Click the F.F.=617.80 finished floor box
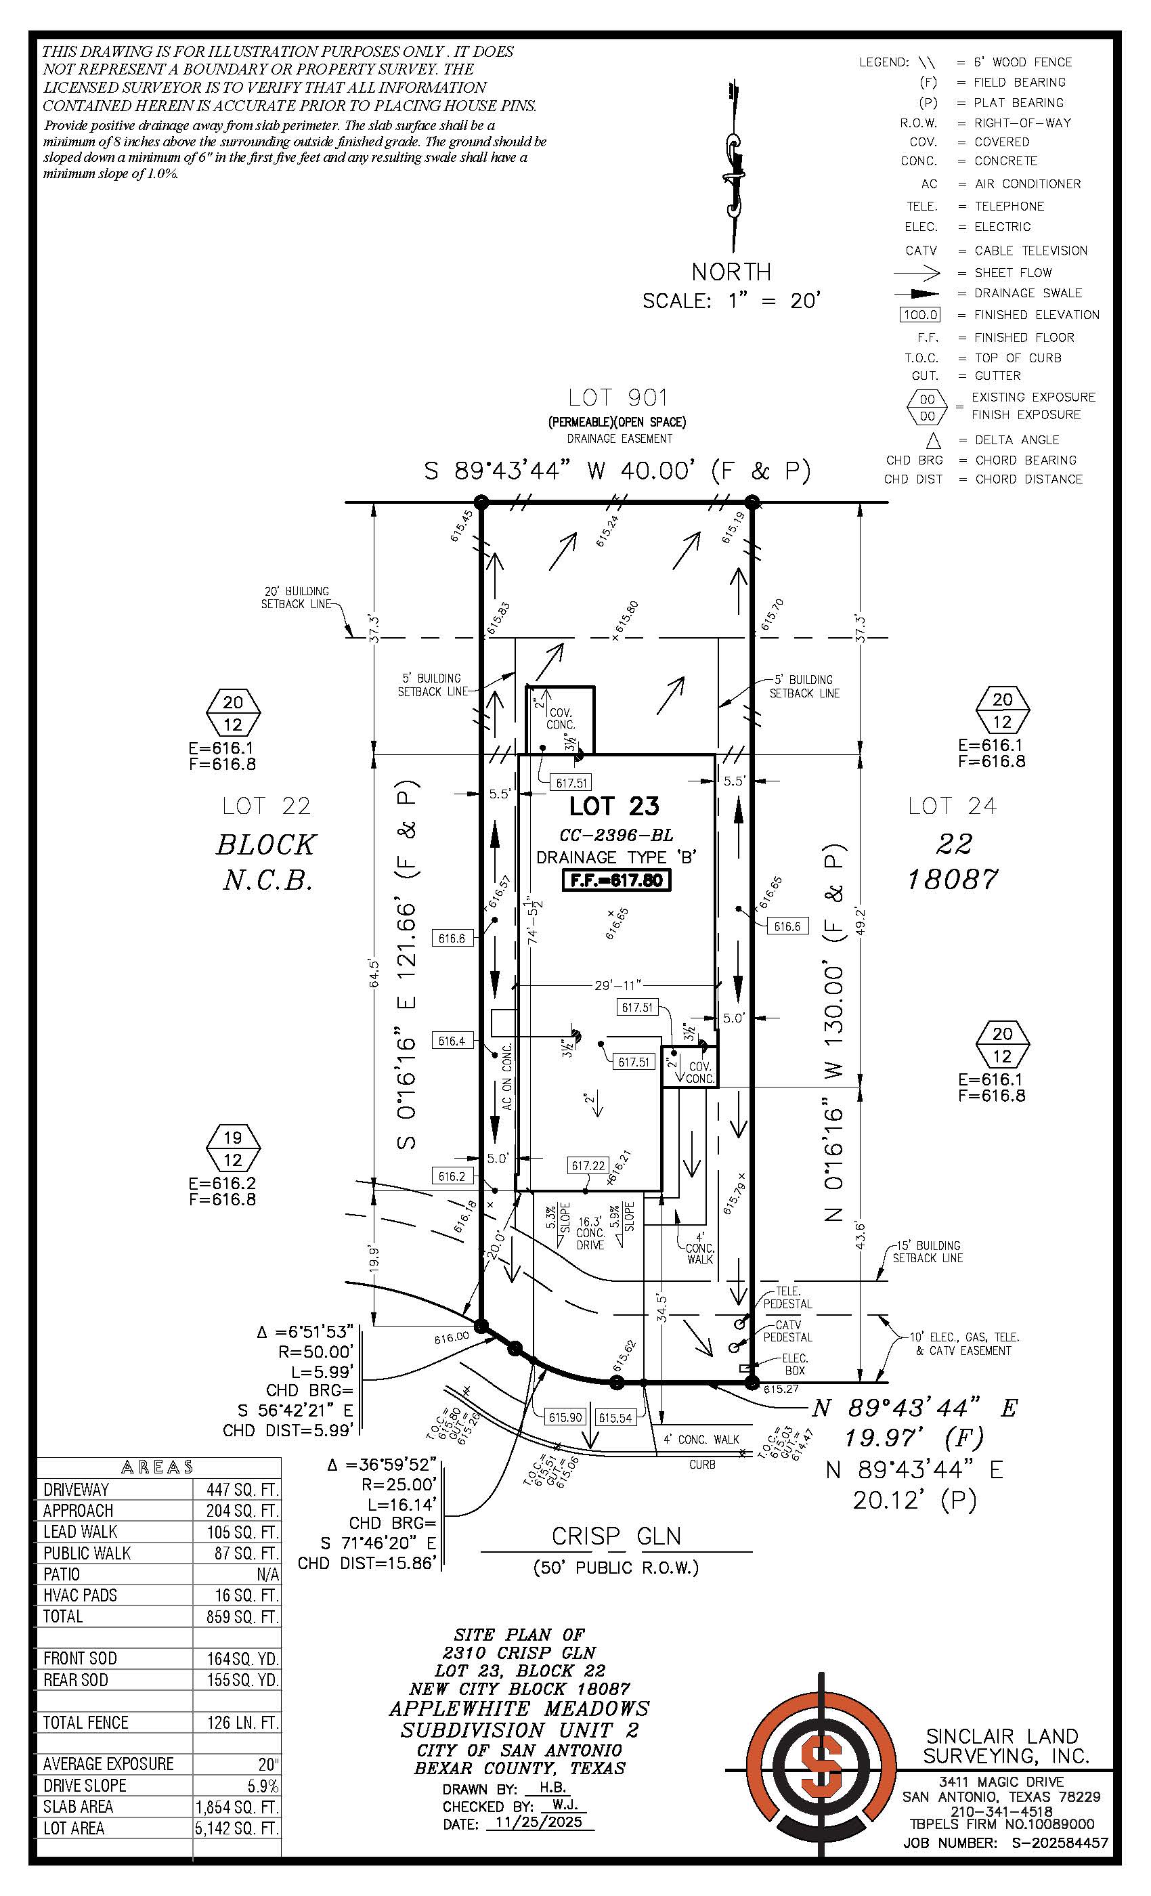616,880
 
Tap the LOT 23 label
614,806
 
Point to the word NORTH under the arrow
731,272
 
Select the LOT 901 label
617,398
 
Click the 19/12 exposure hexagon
232,1148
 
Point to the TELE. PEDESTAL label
787,1297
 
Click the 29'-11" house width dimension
617,985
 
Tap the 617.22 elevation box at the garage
588,1166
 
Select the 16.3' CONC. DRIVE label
590,1232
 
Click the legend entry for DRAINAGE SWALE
1028,293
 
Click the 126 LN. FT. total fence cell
241,1722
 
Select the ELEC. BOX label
795,1364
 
